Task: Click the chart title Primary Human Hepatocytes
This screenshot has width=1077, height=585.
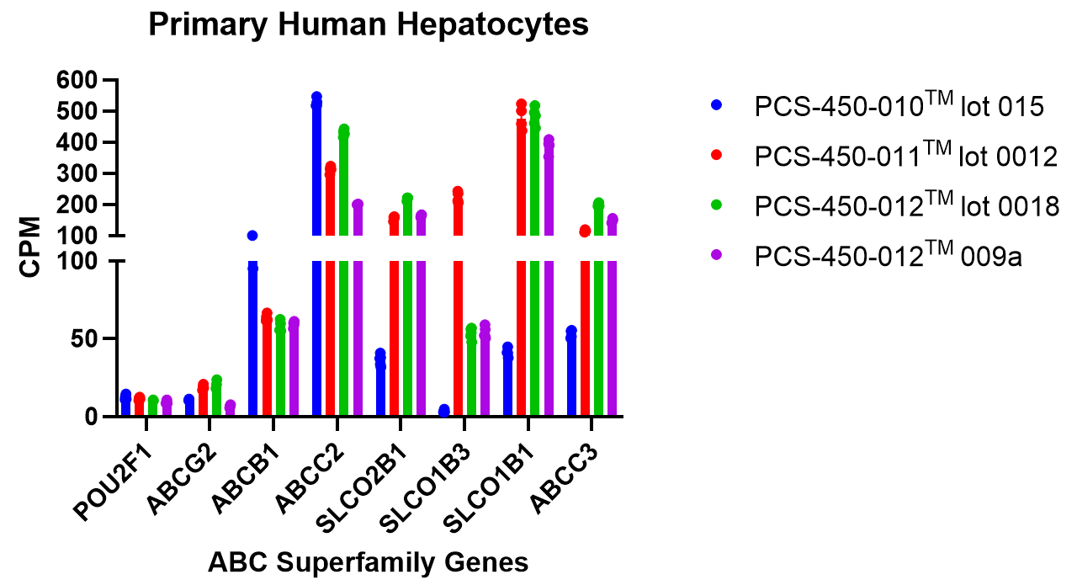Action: pyautogui.click(x=369, y=25)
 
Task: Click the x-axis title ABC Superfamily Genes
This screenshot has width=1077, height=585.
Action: pyautogui.click(x=369, y=562)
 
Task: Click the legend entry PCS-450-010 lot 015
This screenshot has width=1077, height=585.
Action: pyautogui.click(x=899, y=106)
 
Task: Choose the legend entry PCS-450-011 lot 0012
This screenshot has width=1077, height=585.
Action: pyautogui.click(x=905, y=157)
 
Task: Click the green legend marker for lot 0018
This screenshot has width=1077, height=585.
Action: pyautogui.click(x=717, y=207)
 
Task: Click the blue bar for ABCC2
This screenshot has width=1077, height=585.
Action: pyautogui.click(x=316, y=337)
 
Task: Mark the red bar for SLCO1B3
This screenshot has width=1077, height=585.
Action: pyautogui.click(x=458, y=337)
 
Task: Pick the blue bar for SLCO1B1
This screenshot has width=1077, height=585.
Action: pyautogui.click(x=507, y=383)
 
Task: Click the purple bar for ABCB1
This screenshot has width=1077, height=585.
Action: pyautogui.click(x=294, y=370)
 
